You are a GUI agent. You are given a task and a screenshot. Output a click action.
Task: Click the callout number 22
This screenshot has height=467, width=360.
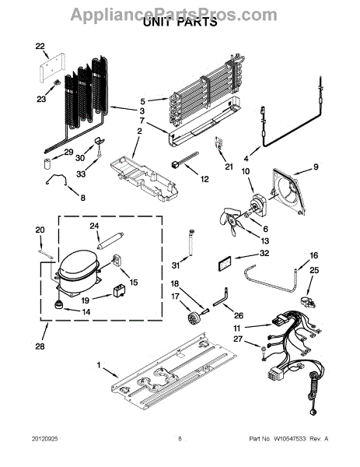click(40, 47)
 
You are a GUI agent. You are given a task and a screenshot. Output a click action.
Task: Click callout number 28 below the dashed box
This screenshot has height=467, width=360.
click(40, 346)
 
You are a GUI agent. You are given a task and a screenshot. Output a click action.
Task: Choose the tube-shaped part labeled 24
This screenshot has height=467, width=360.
click(110, 241)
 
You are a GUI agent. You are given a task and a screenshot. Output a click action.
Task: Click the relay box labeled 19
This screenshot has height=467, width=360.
click(119, 290)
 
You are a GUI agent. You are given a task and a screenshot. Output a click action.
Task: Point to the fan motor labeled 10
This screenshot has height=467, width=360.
click(257, 205)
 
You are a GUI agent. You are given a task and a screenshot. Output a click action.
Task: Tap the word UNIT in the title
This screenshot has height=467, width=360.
click(156, 22)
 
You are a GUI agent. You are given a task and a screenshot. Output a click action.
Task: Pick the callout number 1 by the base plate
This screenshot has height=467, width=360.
click(99, 366)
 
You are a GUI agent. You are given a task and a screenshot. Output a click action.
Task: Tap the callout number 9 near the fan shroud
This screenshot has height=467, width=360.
click(316, 167)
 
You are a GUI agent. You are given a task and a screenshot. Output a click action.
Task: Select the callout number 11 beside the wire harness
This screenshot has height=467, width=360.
click(237, 328)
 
